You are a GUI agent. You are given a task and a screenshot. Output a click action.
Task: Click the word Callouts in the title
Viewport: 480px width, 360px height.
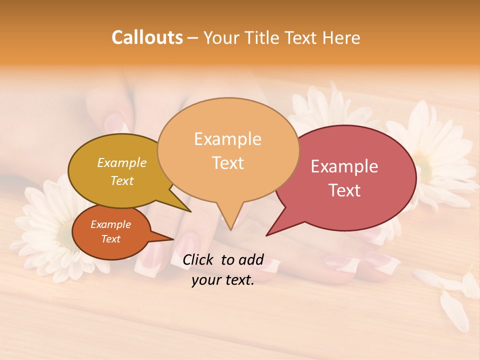click(x=147, y=37)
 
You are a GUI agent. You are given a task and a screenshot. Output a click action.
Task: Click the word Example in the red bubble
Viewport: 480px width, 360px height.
click(x=344, y=166)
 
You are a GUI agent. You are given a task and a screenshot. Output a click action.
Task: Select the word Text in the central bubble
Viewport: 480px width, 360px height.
click(x=228, y=163)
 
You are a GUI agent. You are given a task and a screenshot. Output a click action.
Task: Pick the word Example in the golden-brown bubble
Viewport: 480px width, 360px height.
click(x=121, y=163)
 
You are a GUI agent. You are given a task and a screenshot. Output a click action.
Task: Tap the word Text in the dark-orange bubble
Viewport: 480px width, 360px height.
click(x=110, y=239)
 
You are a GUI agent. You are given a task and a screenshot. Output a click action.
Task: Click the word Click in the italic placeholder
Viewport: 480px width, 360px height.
click(x=199, y=259)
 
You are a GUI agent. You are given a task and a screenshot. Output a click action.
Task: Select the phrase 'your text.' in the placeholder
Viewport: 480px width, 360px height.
click(x=223, y=280)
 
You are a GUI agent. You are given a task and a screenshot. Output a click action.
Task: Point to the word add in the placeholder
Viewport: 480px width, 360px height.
click(x=251, y=259)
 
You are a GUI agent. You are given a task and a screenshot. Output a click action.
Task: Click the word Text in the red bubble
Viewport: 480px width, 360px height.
click(x=344, y=190)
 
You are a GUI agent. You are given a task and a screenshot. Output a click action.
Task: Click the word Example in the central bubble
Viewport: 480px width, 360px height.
click(x=228, y=139)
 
